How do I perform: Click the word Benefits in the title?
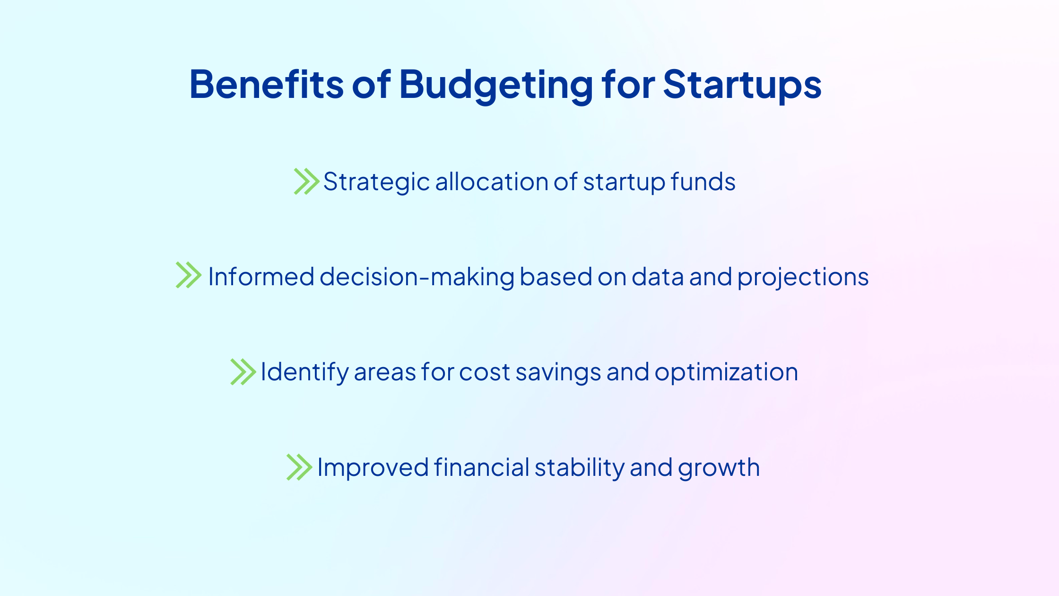[x=266, y=84]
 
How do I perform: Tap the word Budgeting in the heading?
[x=496, y=86]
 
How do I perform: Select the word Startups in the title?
[x=742, y=85]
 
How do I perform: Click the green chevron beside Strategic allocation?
[x=307, y=181]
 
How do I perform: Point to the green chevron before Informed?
[x=189, y=275]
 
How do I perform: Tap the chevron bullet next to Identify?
[x=243, y=372]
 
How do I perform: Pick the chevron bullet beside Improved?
[x=299, y=467]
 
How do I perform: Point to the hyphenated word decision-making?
[x=417, y=278]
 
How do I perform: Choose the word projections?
[x=803, y=278]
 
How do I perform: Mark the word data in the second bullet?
[x=658, y=277]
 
